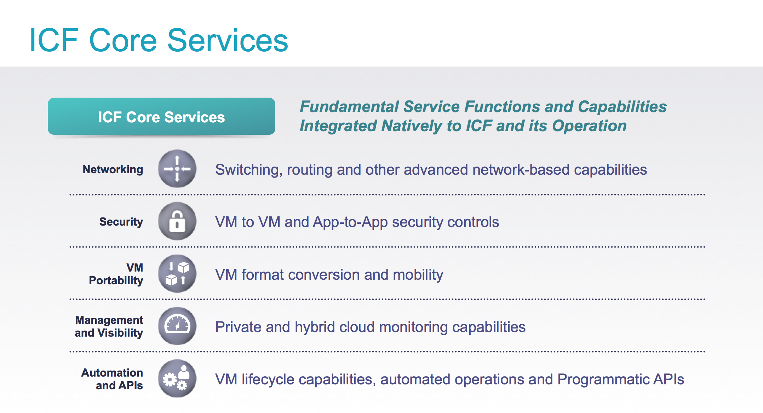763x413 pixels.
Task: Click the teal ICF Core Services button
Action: [161, 117]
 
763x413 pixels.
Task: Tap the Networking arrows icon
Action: [177, 169]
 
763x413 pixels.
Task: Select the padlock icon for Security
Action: [177, 221]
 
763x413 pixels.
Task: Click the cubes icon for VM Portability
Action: [177, 274]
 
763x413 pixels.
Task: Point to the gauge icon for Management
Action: [177, 326]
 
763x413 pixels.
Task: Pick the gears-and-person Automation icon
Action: [177, 378]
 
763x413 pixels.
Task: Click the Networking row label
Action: [113, 169]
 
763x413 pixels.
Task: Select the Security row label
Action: [121, 222]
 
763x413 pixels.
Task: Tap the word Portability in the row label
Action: [116, 280]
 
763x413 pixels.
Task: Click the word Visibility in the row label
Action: [120, 333]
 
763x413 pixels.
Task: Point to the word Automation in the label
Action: [112, 373]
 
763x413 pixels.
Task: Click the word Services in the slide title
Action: [228, 41]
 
